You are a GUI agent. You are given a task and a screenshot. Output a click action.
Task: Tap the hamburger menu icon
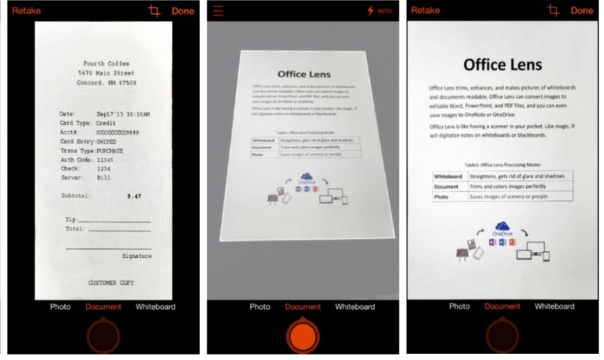click(218, 11)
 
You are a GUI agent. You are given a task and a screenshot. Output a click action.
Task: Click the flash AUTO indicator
click(379, 11)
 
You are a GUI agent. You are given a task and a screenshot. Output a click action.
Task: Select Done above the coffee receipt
click(183, 11)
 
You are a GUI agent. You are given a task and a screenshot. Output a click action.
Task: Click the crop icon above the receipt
click(154, 11)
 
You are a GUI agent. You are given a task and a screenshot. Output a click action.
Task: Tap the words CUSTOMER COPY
click(111, 283)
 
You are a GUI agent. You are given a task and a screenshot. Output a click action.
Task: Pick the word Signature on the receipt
click(136, 256)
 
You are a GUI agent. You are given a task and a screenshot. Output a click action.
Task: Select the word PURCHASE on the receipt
click(109, 151)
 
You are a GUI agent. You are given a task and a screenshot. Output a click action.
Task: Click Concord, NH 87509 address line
click(106, 83)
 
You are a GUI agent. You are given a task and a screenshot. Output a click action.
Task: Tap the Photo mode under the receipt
click(60, 307)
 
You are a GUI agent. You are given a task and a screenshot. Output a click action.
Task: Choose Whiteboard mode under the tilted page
click(355, 307)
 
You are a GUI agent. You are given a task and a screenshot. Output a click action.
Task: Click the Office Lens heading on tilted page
click(303, 75)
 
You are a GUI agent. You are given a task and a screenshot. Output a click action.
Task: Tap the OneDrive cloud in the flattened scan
click(502, 227)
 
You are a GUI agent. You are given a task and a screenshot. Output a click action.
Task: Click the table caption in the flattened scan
click(503, 165)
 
